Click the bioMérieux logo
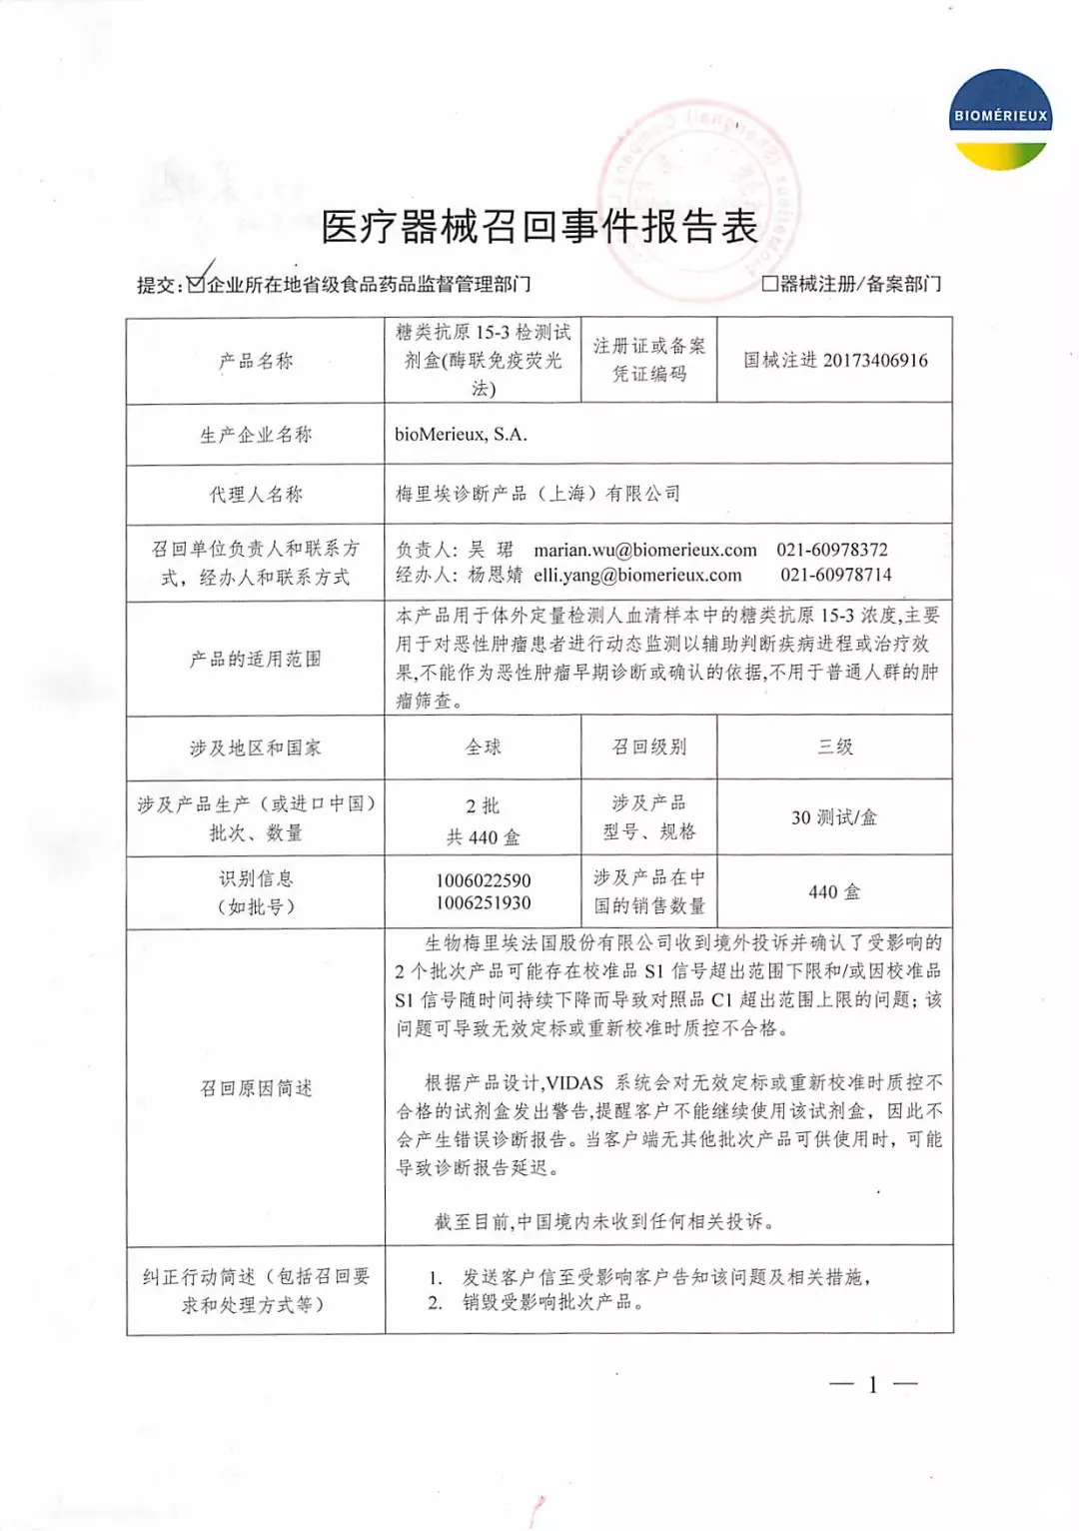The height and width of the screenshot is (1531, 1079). (1000, 119)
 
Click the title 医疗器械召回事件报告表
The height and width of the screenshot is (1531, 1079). (539, 228)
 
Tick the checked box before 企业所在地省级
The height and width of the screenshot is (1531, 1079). (197, 284)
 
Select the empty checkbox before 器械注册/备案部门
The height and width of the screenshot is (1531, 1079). (769, 284)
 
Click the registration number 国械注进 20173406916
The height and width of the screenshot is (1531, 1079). (835, 361)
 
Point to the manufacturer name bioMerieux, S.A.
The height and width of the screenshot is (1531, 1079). (461, 435)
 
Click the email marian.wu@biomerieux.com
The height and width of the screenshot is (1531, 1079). (645, 550)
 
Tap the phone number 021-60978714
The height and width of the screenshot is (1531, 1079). (836, 575)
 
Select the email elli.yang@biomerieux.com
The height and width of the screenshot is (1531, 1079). (637, 575)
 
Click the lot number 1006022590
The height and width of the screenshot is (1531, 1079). (484, 880)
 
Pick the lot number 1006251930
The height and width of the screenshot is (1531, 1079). (484, 903)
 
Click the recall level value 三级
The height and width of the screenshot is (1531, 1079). (835, 747)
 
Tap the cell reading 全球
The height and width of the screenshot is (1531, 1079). (484, 747)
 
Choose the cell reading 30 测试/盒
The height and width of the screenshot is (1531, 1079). (834, 817)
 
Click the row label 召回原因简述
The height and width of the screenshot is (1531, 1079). (256, 1087)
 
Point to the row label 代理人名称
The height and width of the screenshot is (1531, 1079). (256, 495)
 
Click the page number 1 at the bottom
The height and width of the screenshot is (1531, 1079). (873, 1384)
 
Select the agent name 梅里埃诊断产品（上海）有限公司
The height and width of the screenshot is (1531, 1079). (538, 494)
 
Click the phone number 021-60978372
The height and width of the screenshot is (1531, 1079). (832, 550)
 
